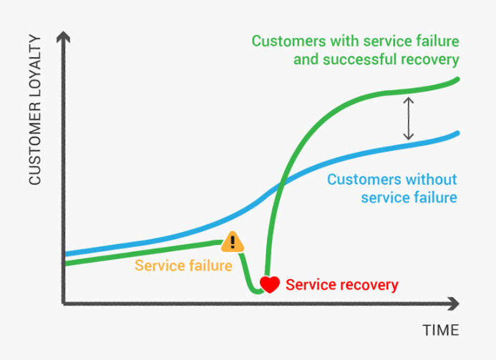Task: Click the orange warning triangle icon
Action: [233, 242]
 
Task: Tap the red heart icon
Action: [270, 284]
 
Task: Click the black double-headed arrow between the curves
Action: [409, 118]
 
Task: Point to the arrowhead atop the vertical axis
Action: [63, 37]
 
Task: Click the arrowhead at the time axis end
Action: [454, 303]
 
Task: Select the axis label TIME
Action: [441, 330]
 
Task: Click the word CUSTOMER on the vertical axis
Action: [35, 144]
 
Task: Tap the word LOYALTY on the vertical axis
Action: [35, 66]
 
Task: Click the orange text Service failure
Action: [183, 266]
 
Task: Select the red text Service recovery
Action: [342, 285]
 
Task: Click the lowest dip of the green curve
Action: [257, 291]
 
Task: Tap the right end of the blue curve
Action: [457, 133]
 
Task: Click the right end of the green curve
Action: [457, 79]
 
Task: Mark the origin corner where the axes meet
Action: [64, 303]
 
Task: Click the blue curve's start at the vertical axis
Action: [66, 253]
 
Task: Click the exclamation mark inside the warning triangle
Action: [233, 242]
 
